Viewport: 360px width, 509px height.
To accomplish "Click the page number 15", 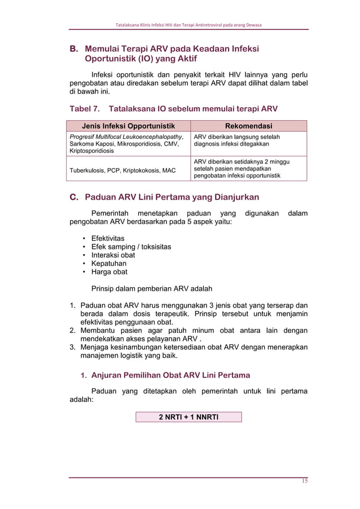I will point(304,481).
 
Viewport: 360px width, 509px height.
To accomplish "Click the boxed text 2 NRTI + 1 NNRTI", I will point(188,417).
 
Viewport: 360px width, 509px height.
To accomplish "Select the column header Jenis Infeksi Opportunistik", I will point(128,126).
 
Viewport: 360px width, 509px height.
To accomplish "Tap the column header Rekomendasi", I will point(248,126).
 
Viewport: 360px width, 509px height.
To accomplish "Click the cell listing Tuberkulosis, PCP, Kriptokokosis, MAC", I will point(122,170).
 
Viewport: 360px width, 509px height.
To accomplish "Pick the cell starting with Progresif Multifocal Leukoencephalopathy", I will point(126,144).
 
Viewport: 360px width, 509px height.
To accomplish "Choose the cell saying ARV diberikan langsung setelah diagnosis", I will point(236,141).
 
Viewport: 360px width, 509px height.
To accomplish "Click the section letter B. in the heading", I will point(74,49).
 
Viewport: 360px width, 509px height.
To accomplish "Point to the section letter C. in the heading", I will point(74,197).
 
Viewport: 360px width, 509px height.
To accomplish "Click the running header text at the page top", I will point(188,25).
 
